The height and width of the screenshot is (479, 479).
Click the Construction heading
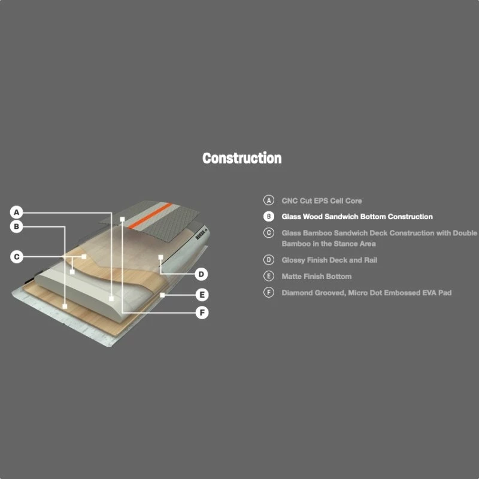(242, 158)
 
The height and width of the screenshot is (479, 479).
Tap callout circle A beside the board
(17, 213)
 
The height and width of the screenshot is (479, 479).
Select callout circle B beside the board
(17, 227)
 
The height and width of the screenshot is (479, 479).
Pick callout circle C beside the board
(17, 257)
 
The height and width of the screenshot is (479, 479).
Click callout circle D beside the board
(201, 274)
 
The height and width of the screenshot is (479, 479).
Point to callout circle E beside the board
(202, 295)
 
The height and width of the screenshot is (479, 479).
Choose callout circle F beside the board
(202, 313)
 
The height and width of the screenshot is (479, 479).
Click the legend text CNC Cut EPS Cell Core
(322, 201)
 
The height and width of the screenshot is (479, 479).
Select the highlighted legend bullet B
(268, 216)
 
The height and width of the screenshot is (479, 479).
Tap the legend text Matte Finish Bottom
(317, 277)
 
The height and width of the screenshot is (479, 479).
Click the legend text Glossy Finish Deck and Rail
(329, 260)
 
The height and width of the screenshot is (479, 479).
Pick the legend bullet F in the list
(268, 292)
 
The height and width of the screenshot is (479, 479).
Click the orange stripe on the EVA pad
(150, 216)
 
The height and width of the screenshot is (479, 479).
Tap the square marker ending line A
(111, 298)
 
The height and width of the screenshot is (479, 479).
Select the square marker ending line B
(65, 306)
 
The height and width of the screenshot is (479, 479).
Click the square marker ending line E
(162, 295)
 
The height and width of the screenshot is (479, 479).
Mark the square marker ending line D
(160, 257)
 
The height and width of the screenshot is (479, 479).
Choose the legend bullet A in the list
(268, 200)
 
